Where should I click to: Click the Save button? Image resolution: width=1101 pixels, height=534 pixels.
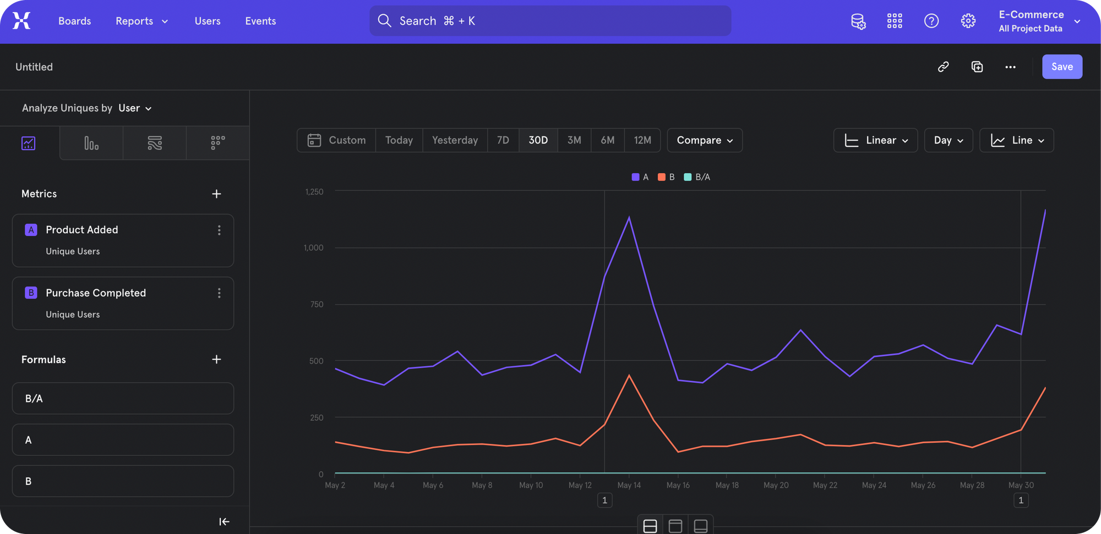[1062, 67]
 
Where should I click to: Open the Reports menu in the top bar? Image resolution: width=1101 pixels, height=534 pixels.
[141, 21]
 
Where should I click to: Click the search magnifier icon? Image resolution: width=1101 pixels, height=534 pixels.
[384, 21]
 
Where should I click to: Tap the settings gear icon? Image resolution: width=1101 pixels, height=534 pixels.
[968, 21]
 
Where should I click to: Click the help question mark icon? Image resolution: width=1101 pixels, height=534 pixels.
[931, 21]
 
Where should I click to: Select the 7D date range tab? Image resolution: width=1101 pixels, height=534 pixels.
[503, 140]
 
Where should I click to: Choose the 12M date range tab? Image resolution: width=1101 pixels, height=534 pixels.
[642, 140]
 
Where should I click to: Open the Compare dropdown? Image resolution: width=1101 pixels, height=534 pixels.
[705, 140]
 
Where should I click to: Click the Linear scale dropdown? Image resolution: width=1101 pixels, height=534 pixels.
[875, 140]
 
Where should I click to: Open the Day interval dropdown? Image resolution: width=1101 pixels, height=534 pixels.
[949, 140]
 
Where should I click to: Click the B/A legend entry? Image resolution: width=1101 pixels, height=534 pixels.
[697, 177]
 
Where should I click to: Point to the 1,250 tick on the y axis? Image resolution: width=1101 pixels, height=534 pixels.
[314, 191]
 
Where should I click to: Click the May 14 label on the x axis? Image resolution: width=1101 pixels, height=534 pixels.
[629, 485]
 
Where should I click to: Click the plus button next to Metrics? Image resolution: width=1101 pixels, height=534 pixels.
[216, 194]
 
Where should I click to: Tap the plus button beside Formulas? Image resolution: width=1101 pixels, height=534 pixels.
[216, 359]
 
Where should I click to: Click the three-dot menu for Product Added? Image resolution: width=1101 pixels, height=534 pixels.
[219, 230]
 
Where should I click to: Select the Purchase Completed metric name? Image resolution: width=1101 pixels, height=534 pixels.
[96, 293]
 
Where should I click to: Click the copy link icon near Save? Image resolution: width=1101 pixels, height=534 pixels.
[944, 67]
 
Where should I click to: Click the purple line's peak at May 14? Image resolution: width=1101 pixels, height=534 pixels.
[629, 217]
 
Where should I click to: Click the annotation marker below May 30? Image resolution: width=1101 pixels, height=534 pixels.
[1021, 500]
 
